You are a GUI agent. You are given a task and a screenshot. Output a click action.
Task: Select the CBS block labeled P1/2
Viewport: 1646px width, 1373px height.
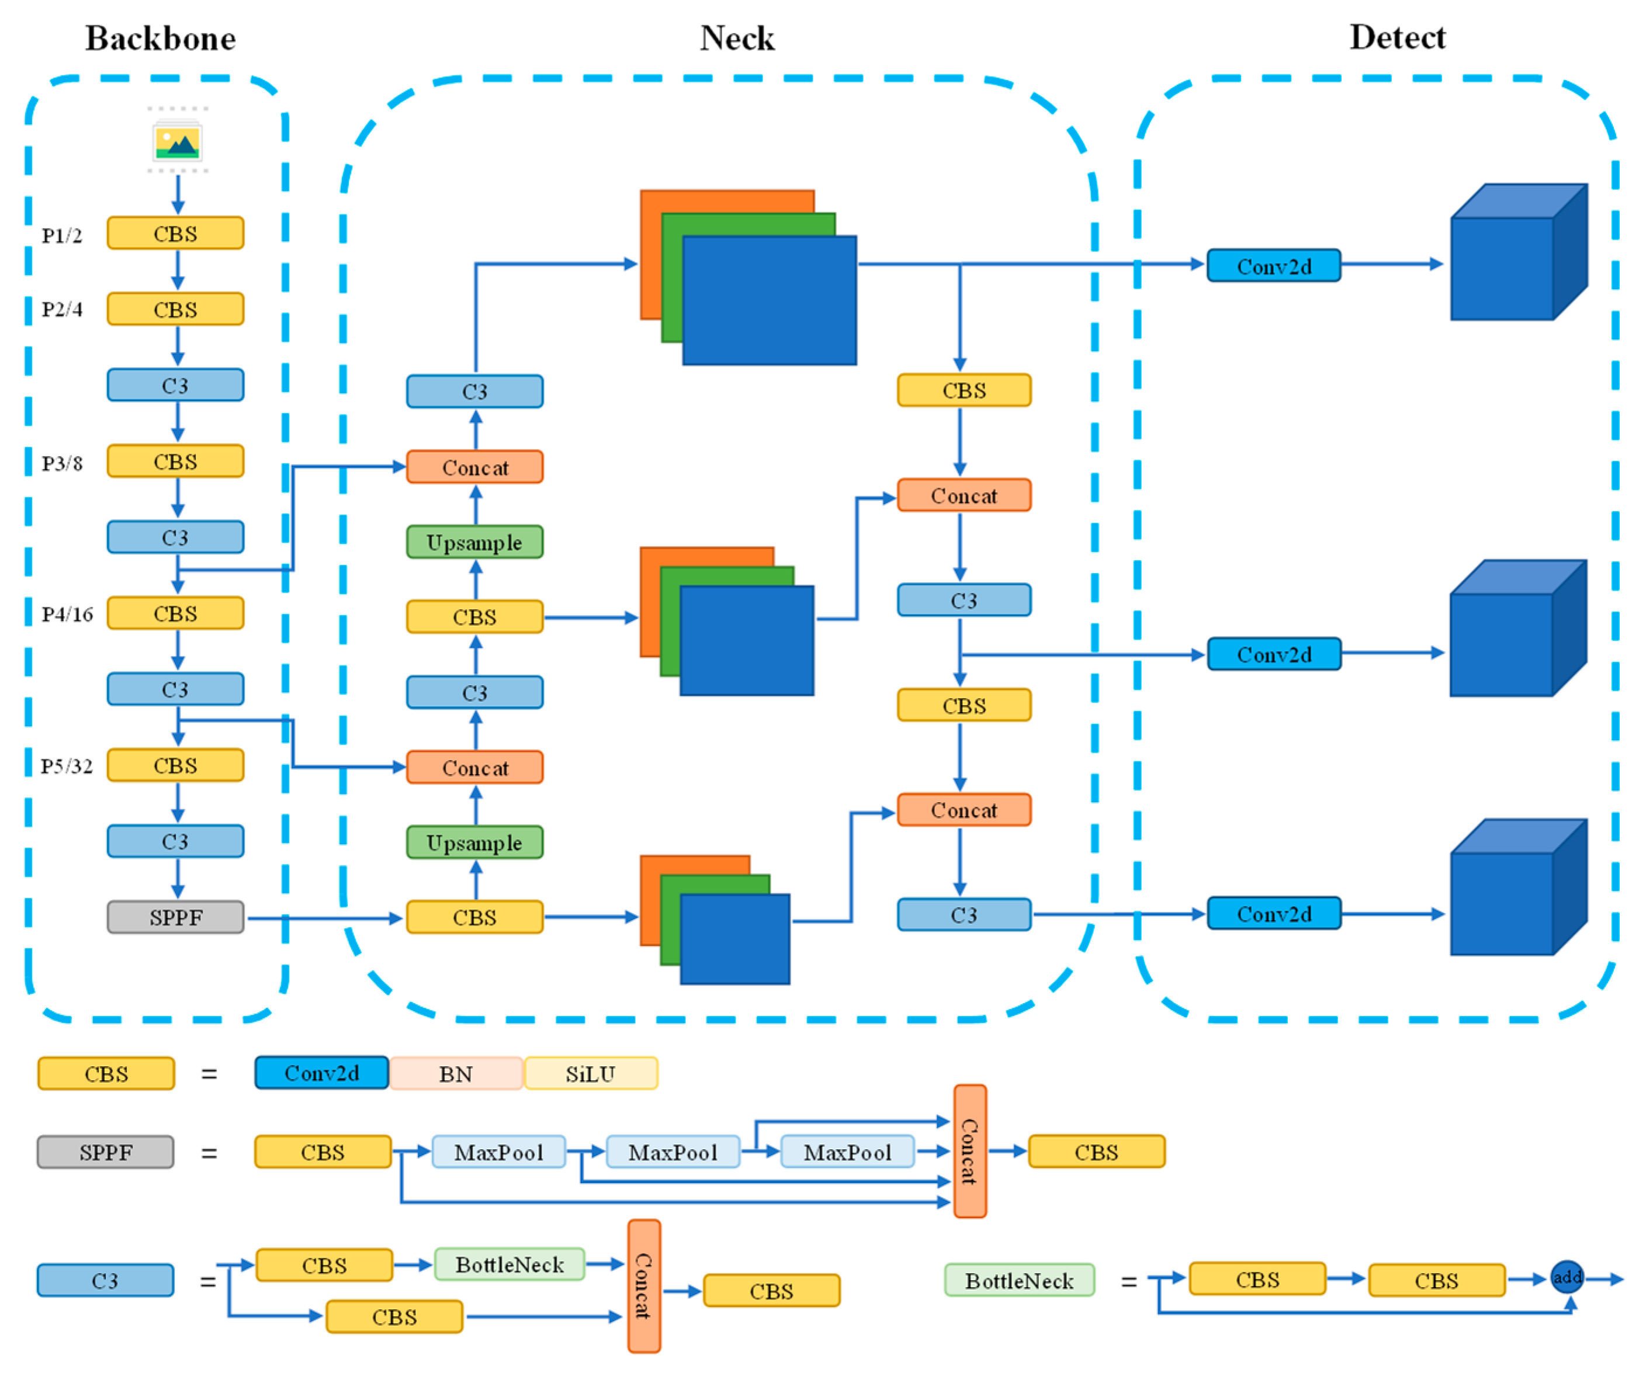[x=175, y=234]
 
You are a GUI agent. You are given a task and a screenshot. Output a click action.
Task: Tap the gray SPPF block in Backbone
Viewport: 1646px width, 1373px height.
[x=175, y=917]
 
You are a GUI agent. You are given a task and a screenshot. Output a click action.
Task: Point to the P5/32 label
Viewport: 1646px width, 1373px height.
[x=67, y=765]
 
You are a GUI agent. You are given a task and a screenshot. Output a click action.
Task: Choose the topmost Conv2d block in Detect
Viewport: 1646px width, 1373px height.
[x=1274, y=266]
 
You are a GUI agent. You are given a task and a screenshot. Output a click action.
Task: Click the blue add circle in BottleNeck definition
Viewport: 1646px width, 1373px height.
[x=1567, y=1277]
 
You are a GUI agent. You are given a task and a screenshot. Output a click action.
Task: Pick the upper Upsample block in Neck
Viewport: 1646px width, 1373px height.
[x=475, y=542]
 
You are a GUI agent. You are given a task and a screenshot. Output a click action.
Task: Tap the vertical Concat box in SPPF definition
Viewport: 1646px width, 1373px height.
[x=969, y=1151]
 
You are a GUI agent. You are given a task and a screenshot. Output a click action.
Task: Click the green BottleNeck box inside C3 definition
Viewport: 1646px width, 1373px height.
[x=510, y=1264]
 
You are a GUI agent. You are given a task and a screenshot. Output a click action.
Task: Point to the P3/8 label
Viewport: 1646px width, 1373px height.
[x=63, y=463]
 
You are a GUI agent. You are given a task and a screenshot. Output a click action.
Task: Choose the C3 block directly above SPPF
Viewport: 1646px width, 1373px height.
[x=175, y=841]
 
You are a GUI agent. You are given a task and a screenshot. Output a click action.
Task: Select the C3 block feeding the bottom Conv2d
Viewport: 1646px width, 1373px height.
[x=964, y=914]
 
